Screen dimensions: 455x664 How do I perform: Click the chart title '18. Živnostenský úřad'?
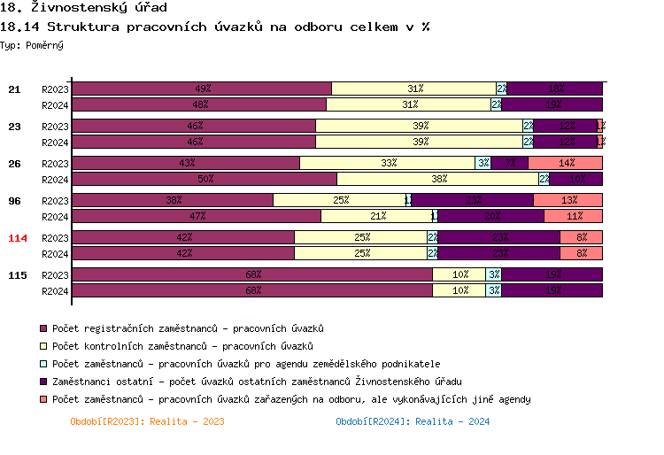pos(83,8)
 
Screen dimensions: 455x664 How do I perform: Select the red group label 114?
pos(17,238)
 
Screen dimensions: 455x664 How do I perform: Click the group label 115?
pos(17,275)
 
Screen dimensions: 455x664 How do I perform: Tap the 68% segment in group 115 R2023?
pos(252,274)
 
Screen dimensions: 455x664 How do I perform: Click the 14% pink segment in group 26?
pos(566,163)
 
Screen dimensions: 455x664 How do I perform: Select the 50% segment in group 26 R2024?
pos(205,179)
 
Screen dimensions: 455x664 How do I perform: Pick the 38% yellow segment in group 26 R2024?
pos(438,179)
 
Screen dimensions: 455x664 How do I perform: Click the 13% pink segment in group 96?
pos(568,200)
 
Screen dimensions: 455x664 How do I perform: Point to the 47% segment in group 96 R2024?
pos(197,216)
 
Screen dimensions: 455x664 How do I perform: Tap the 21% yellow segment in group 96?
pos(377,216)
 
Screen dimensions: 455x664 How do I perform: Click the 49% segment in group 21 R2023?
pos(202,89)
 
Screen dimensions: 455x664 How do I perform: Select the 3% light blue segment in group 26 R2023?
pos(483,163)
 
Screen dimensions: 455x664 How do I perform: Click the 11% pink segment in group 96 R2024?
pos(574,216)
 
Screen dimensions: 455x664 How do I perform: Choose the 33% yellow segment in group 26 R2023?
pos(388,163)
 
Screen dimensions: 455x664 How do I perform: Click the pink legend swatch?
pos(44,399)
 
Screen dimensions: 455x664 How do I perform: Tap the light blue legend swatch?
pos(44,364)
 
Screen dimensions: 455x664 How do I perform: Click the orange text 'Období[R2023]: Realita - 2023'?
pos(147,421)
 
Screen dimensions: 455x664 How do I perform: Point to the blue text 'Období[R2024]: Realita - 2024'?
pos(413,421)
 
